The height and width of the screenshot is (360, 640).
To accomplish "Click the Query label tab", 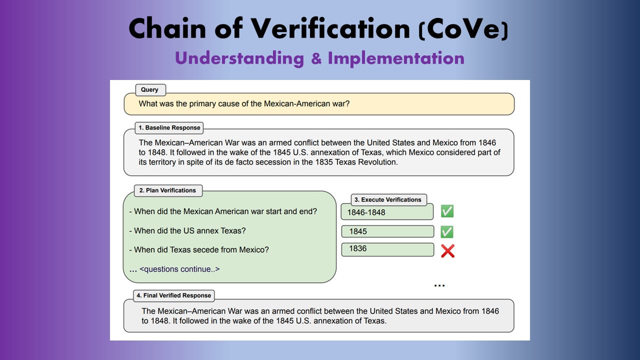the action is pos(150,89).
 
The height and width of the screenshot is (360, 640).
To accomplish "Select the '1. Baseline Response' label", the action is pos(169,127).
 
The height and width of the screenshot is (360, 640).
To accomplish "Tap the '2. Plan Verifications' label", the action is pos(168,190).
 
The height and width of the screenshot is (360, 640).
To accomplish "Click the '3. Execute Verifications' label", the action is pos(388,199).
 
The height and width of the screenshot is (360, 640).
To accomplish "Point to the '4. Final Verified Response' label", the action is pos(173,295).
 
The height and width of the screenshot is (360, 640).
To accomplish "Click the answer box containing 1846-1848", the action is pos(387,211).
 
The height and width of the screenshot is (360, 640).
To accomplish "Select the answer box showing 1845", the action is pos(387,231).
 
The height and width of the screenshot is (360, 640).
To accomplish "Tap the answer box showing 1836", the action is pos(387,249).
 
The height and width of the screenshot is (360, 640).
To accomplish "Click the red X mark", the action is pos(447,251).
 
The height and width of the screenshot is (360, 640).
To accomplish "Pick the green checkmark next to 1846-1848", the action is pos(447,211).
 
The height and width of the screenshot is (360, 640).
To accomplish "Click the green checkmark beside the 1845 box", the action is pos(447,231).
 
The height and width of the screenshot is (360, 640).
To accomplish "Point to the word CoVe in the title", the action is pos(463,28).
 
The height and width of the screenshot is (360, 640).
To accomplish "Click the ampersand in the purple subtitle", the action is pos(316,58).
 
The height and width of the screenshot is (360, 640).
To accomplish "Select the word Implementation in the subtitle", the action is pos(396,58).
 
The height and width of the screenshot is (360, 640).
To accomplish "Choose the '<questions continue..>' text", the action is pos(179,269).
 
